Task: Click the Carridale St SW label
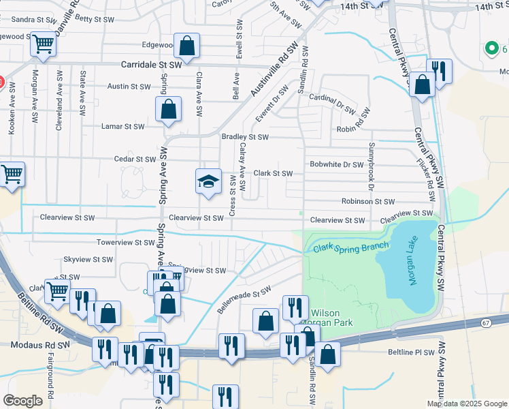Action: tap(151, 64)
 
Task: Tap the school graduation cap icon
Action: tap(209, 181)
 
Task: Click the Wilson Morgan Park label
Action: tap(333, 317)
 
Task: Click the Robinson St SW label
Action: tap(368, 201)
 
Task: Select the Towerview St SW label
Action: tap(125, 242)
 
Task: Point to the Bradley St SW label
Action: tap(245, 137)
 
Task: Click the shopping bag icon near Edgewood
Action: tap(186, 46)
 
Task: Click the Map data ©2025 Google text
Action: tap(466, 404)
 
